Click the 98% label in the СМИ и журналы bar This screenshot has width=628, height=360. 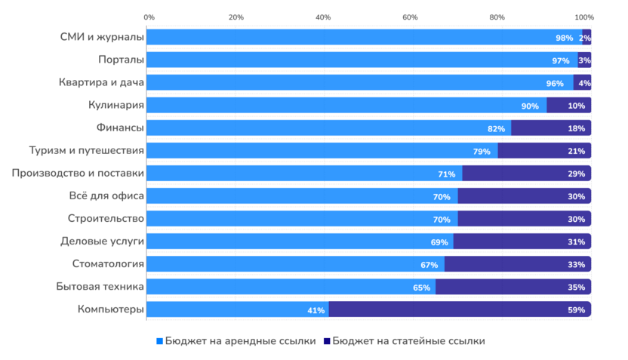tap(564, 38)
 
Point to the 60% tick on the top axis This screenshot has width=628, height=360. tap(410, 17)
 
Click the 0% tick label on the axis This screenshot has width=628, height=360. tap(149, 17)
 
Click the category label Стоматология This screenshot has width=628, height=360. tap(108, 264)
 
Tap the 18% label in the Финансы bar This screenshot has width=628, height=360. tap(576, 128)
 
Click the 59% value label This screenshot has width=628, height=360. tap(576, 310)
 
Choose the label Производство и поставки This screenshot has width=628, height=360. tap(78, 174)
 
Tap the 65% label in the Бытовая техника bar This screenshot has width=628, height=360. tap(421, 288)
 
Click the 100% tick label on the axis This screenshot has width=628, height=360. tap(583, 17)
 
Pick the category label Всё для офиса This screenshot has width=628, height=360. tap(106, 196)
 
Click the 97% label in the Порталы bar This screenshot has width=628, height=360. tap(560, 60)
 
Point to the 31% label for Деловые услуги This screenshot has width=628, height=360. tap(576, 242)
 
